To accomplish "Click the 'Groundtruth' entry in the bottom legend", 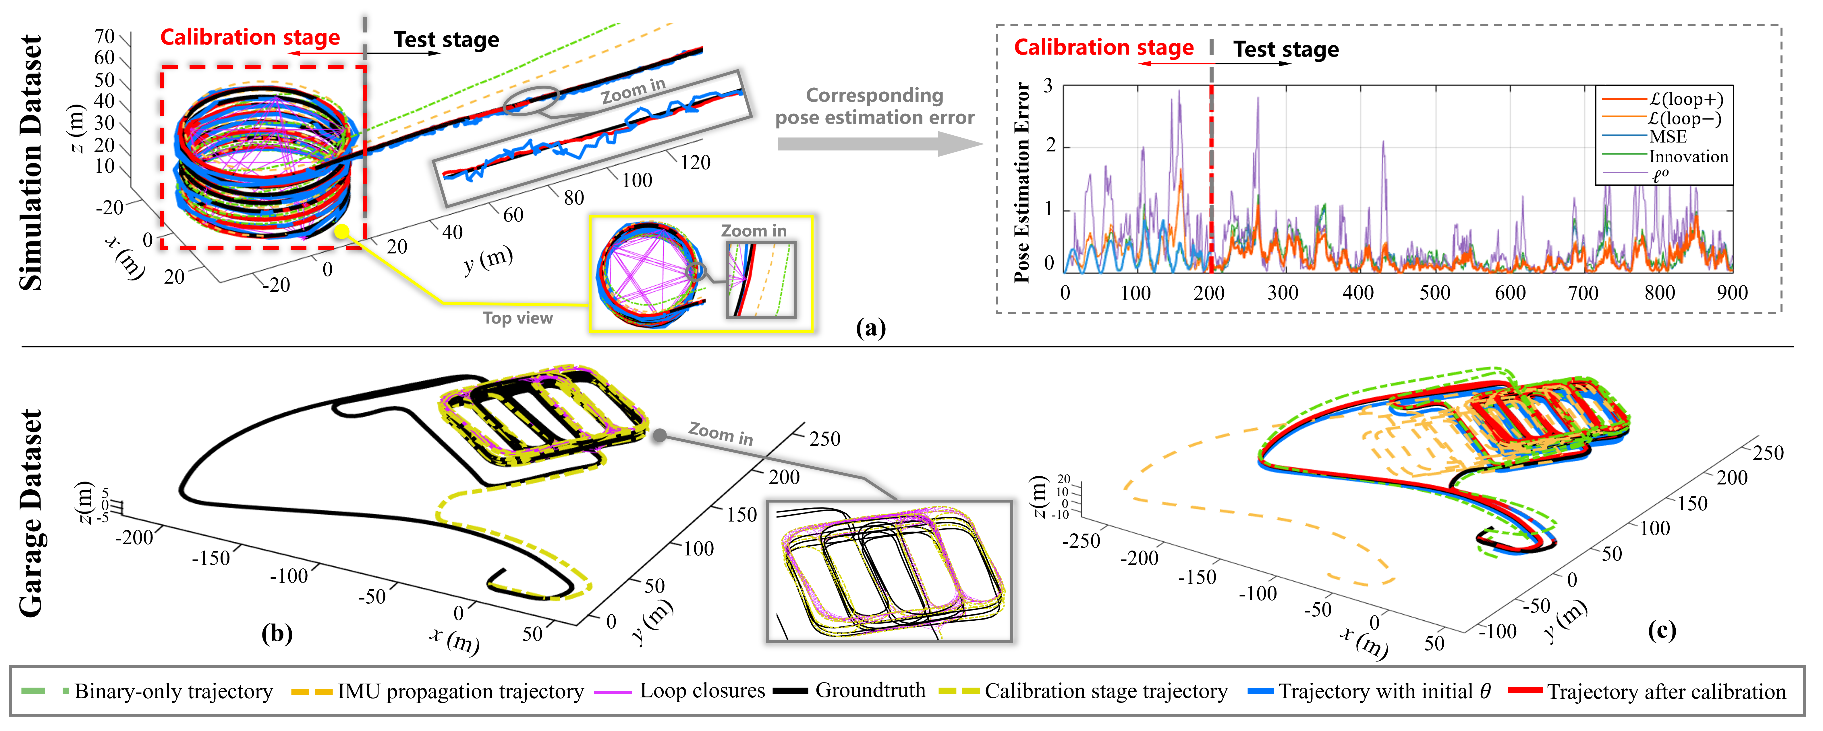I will [870, 690].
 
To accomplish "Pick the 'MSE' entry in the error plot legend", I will [1668, 137].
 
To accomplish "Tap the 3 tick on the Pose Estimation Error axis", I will [1048, 86].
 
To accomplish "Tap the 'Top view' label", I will [517, 318].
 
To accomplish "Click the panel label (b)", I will [277, 632].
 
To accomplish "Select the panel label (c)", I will [1661, 630].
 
